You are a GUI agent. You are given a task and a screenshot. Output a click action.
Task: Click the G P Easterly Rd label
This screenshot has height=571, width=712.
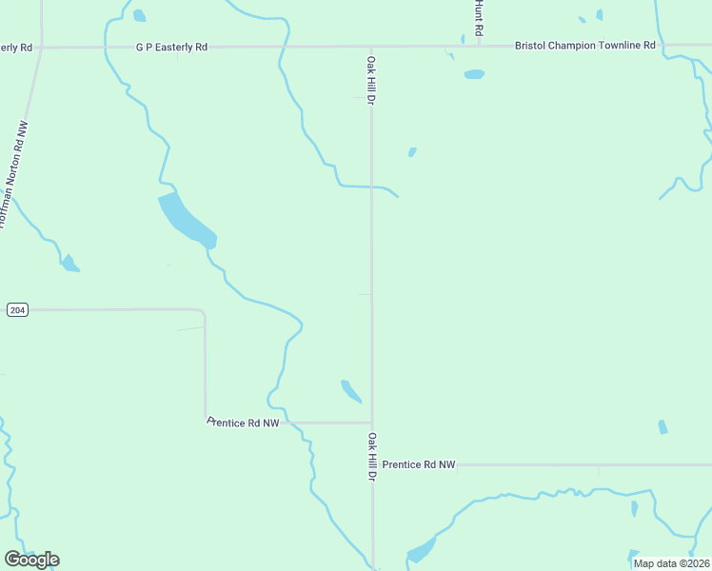(171, 46)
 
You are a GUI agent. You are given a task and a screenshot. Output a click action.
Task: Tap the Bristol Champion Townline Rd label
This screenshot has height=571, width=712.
(584, 45)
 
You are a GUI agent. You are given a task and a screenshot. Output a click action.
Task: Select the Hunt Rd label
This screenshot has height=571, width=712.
(479, 17)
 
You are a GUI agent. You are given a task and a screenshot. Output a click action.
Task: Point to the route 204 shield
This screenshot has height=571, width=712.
(16, 310)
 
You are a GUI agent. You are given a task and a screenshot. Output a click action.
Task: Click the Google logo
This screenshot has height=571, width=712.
(31, 559)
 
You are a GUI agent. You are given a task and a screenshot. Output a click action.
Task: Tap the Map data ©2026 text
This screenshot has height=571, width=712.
(671, 563)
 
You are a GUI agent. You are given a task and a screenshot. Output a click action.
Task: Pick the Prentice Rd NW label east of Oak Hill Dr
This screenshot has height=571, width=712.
(419, 464)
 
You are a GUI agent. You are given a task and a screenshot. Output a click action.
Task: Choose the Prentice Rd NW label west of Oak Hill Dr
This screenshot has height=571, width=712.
(243, 422)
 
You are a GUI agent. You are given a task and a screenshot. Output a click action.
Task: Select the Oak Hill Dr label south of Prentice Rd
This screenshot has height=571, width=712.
(373, 457)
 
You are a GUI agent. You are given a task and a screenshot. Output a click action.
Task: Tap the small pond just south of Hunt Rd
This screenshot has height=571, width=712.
(473, 74)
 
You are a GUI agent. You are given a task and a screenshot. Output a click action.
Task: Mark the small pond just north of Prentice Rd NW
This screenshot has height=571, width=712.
(350, 390)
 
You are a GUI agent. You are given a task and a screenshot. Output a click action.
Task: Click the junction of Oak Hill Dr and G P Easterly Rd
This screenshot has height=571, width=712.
(371, 46)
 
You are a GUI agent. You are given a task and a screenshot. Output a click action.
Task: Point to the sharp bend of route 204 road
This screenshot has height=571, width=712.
(204, 311)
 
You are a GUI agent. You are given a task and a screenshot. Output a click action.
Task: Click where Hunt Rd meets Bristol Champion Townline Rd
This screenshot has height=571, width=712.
(480, 45)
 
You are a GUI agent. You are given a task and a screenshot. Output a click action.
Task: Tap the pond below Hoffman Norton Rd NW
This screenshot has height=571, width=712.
(69, 264)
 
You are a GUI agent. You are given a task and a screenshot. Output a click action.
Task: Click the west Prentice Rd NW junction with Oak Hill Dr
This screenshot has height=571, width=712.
(371, 423)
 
